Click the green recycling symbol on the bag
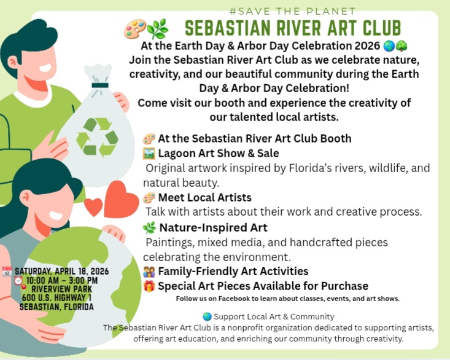[96, 136]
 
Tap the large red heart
[121, 198]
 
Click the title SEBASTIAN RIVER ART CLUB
[293, 28]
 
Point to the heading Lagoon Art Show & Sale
[218, 153]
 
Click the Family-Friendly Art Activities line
[233, 271]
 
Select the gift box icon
[149, 286]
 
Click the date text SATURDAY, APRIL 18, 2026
[61, 270]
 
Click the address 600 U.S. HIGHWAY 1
[56, 298]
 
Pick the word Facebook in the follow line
[234, 299]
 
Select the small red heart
[93, 206]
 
